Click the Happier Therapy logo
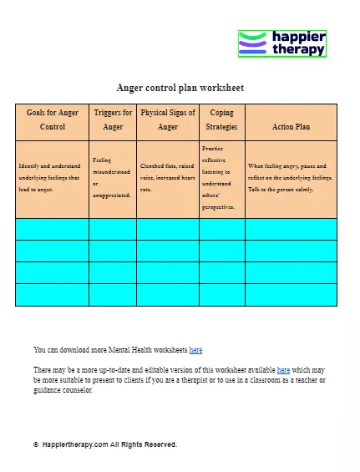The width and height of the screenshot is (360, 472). tap(281, 43)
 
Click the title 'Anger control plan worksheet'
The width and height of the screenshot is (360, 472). tap(180, 88)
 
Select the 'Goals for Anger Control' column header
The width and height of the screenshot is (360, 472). tap(52, 119)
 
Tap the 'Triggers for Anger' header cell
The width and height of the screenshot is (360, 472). tap(113, 119)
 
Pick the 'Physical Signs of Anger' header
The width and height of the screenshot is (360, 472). tap(168, 119)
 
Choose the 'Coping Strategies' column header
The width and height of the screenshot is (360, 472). tap(221, 119)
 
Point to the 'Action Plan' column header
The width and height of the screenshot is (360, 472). tap(291, 127)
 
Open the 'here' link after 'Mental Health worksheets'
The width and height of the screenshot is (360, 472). tap(195, 350)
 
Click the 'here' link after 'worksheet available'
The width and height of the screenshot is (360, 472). tap(283, 369)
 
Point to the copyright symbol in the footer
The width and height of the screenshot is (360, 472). tap(36, 444)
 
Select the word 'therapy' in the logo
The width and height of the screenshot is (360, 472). tap(298, 50)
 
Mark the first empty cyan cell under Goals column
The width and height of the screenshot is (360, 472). tap(52, 229)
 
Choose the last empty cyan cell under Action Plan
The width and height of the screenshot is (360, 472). tap(291, 295)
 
